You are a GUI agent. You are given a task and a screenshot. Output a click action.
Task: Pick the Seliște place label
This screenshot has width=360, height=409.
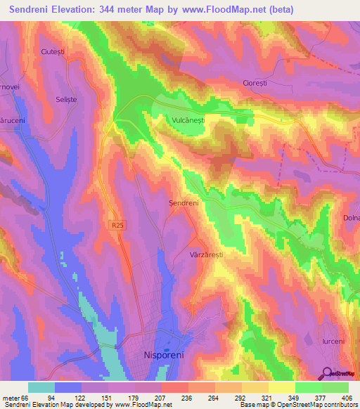click(x=66, y=100)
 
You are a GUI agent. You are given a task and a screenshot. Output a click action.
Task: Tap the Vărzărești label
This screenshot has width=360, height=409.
click(x=206, y=256)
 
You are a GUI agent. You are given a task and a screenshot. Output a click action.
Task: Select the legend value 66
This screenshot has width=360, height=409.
click(x=27, y=398)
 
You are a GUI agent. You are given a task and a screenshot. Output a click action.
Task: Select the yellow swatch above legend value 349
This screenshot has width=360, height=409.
click(x=281, y=387)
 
